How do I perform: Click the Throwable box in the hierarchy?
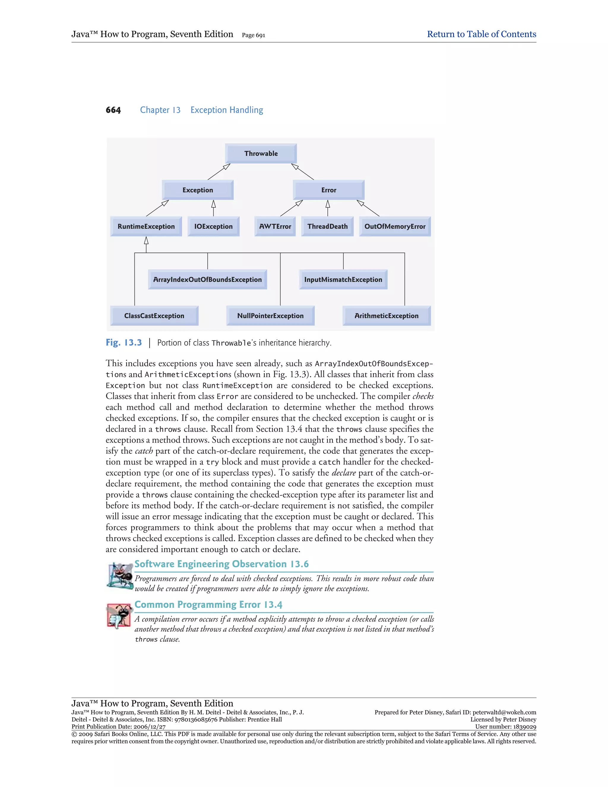[261, 154]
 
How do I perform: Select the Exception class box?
[197, 190]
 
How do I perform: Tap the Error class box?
[329, 190]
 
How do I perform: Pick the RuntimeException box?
[146, 226]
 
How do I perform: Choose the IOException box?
[213, 226]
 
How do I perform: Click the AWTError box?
[275, 226]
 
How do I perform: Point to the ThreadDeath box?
[327, 226]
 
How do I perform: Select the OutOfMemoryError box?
[395, 226]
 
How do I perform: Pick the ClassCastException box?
[154, 316]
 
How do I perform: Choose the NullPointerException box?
[270, 316]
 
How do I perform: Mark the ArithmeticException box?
[387, 316]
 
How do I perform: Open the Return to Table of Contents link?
[481, 34]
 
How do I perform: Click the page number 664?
[113, 110]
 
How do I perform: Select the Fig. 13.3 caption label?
[123, 342]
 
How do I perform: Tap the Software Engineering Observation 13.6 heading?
[221, 564]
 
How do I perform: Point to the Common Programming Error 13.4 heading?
[208, 604]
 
